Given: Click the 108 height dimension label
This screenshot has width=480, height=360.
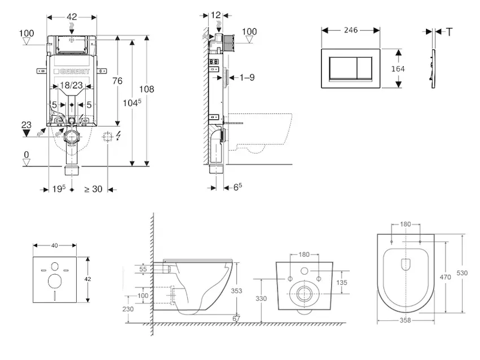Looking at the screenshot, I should tap(146, 89).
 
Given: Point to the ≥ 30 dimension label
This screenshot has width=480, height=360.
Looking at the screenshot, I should tap(92, 189).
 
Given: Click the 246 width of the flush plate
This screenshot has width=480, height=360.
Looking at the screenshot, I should tap(351, 28).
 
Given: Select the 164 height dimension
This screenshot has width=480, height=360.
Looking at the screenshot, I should tap(398, 68).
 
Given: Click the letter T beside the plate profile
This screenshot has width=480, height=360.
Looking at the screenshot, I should tap(449, 32).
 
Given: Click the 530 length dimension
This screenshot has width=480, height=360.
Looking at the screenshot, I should tap(461, 273).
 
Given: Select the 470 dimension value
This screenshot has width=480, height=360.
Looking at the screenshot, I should tap(445, 277).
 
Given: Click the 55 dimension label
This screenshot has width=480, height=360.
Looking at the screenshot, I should tap(142, 270).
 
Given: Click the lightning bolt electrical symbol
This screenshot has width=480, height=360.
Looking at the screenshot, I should tap(119, 136).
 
